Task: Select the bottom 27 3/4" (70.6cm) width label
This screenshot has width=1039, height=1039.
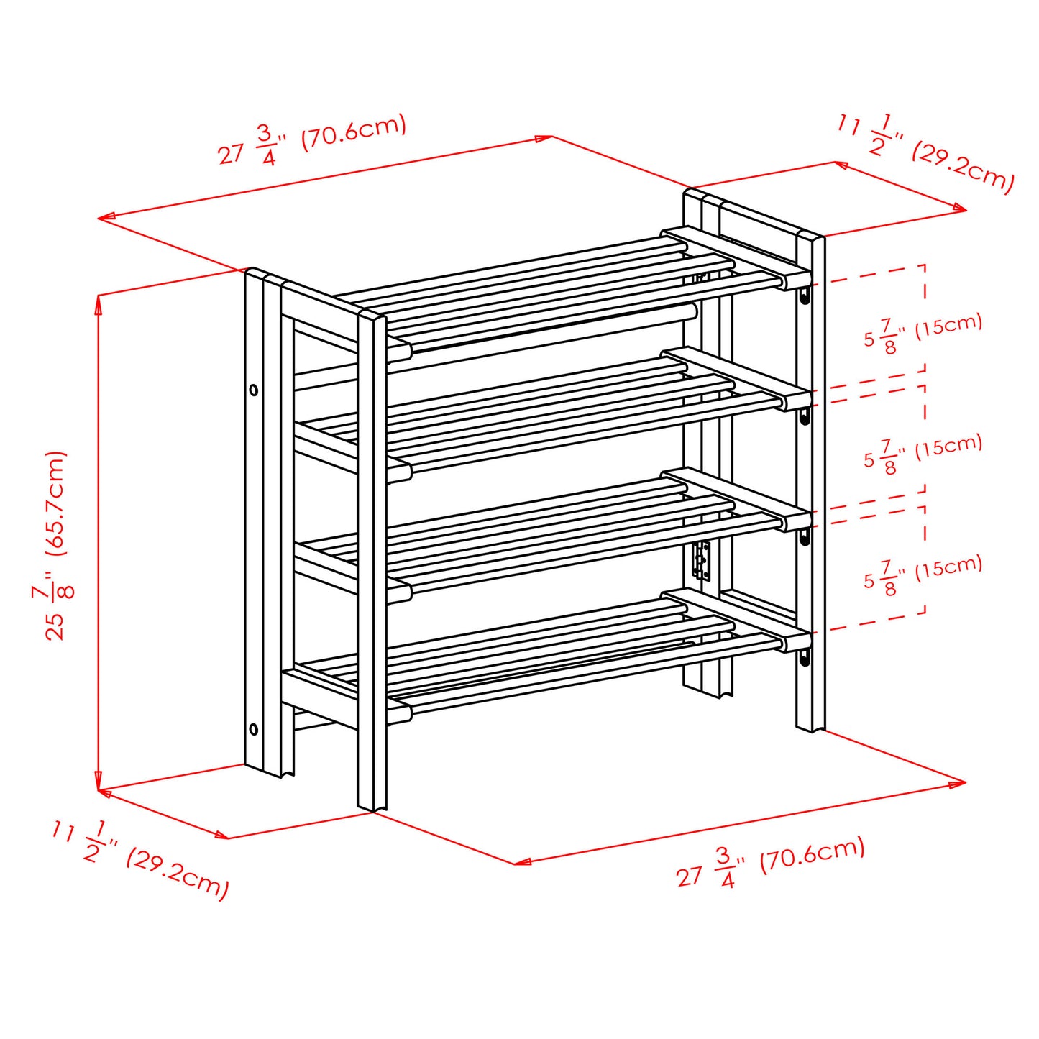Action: tap(770, 862)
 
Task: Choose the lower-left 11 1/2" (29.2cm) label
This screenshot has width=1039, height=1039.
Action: tap(140, 859)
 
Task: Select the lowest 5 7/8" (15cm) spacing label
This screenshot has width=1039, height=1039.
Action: tap(923, 574)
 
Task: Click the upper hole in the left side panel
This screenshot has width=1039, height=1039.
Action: tap(254, 390)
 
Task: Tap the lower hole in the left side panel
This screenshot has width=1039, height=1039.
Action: tap(254, 729)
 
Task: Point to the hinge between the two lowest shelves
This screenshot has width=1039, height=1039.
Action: tap(701, 561)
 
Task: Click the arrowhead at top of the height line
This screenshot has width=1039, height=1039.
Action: tap(98, 302)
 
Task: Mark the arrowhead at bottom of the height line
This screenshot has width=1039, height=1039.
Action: tap(98, 784)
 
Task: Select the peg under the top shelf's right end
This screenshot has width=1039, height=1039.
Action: tap(805, 296)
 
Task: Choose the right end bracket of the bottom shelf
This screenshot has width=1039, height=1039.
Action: tap(795, 640)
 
